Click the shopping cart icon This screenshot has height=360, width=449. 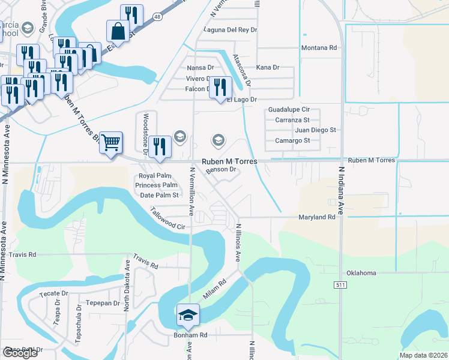pyautogui.click(x=111, y=143)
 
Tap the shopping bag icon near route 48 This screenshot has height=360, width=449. pyautogui.click(x=118, y=31)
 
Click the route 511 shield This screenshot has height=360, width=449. pyautogui.click(x=340, y=285)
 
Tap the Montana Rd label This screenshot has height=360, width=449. pyautogui.click(x=319, y=48)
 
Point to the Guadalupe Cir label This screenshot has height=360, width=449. pyautogui.click(x=289, y=110)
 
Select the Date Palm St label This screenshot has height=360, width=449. pyautogui.click(x=159, y=195)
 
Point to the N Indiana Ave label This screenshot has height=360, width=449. pyautogui.click(x=340, y=191)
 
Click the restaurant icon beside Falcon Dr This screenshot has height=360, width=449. pyautogui.click(x=220, y=87)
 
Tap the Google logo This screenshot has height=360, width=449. pyautogui.click(x=20, y=353)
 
